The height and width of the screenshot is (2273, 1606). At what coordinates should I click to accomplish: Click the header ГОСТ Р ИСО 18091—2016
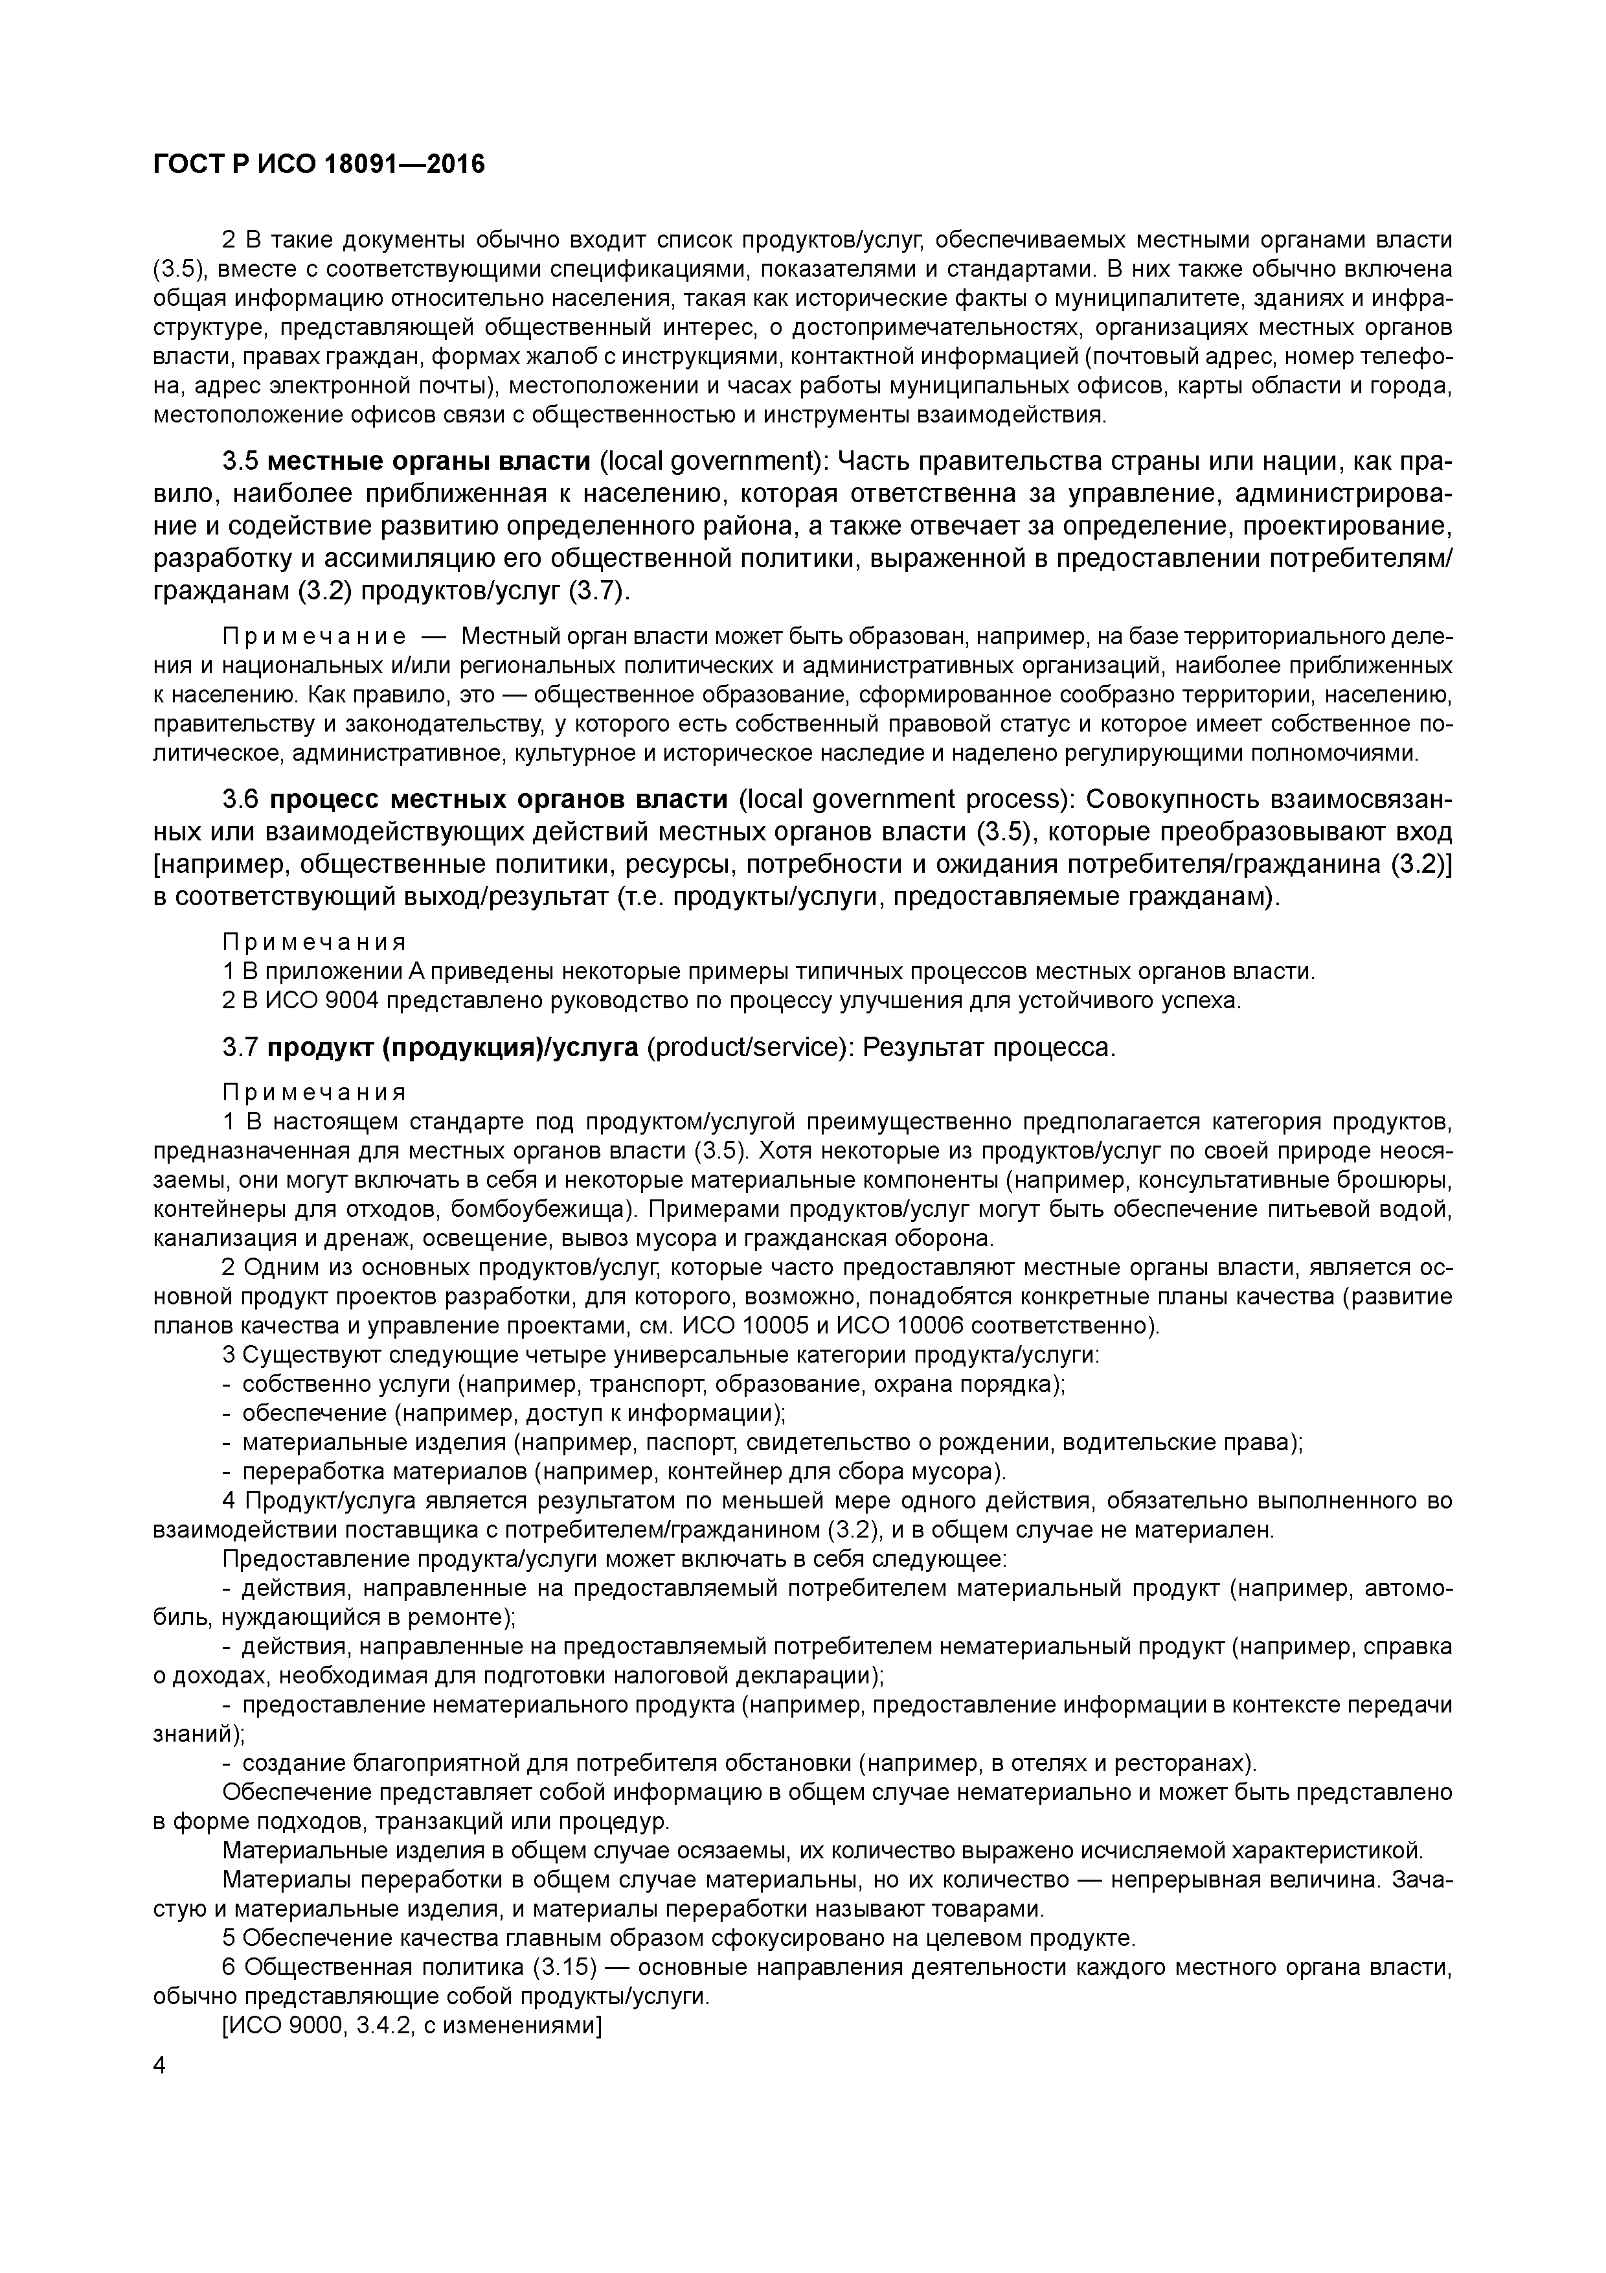[x=319, y=165]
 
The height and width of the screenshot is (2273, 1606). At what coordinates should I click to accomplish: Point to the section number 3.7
[x=240, y=1047]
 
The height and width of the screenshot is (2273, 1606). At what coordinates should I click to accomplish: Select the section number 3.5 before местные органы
[x=240, y=463]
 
